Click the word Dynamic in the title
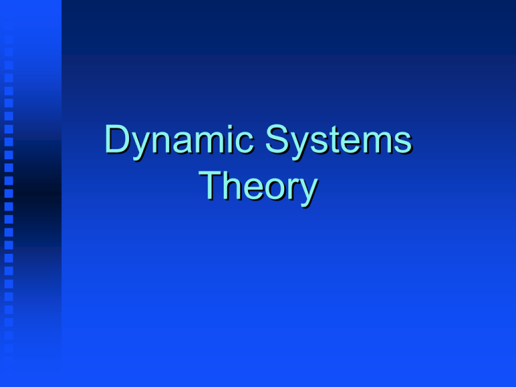click(179, 142)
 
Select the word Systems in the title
click(339, 142)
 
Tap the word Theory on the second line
click(258, 187)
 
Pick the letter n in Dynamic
click(163, 142)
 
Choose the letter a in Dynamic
click(183, 143)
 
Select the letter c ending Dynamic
click(245, 143)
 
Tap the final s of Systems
click(403, 143)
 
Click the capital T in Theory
click(210, 185)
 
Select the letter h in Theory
click(232, 185)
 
